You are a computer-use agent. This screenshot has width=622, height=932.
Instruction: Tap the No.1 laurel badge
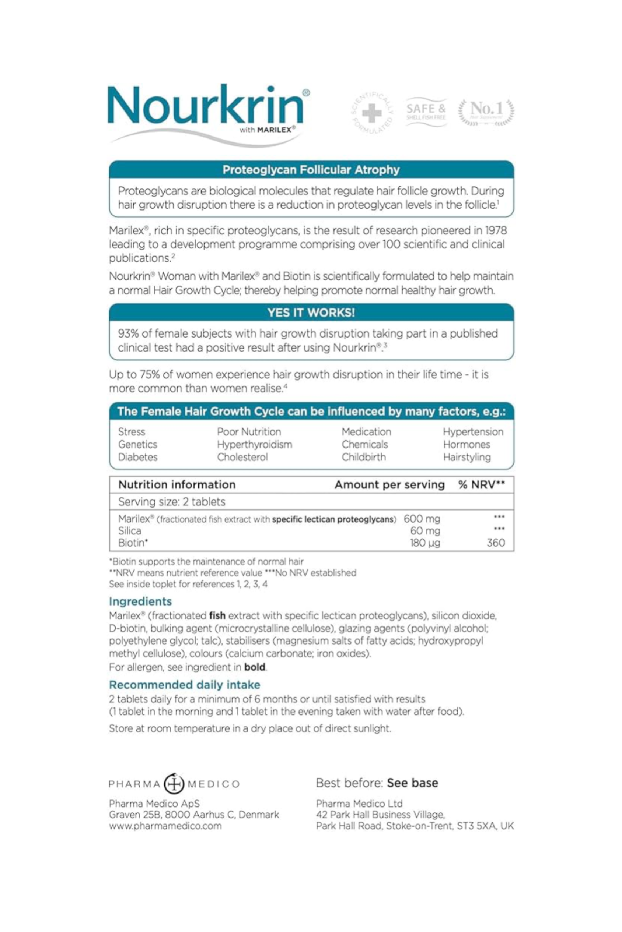(486, 112)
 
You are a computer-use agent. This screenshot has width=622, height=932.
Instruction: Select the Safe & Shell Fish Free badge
(426, 112)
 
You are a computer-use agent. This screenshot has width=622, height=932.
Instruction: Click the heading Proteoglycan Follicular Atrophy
(311, 170)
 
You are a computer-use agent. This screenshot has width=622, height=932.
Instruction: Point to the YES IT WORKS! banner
(311, 313)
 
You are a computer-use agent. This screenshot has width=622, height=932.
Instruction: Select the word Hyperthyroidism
(254, 445)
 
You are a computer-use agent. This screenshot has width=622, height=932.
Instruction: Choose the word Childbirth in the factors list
(364, 457)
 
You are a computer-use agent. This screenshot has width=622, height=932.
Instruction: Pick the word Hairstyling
(466, 457)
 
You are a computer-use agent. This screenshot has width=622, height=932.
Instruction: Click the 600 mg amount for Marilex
(422, 519)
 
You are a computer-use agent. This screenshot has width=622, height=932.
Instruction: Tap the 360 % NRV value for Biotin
(496, 543)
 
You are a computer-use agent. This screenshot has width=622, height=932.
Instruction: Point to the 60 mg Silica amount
(425, 531)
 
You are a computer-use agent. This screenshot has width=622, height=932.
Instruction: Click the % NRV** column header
(481, 485)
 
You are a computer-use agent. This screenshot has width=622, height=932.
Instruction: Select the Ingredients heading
(140, 601)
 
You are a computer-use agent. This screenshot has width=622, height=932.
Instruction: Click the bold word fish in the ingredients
(217, 616)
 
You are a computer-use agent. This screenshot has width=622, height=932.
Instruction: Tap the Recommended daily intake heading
(185, 685)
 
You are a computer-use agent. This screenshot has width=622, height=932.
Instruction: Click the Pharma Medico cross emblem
(174, 784)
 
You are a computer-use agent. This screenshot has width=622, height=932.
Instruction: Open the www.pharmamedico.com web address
(165, 826)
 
